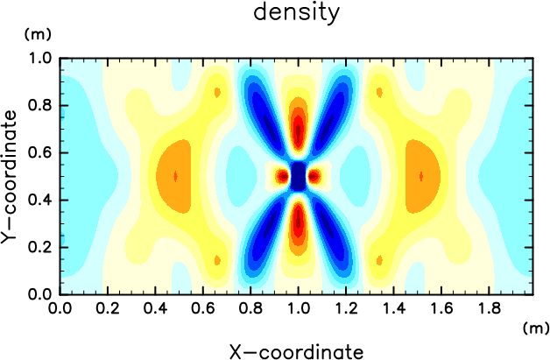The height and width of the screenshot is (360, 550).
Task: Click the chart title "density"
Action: point(296,13)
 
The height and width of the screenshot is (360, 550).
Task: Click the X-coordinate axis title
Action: point(296,351)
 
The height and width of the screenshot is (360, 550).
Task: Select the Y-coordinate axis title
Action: point(9,176)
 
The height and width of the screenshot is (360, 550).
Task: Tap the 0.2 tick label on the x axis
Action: point(108,309)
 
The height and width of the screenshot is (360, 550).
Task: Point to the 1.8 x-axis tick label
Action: point(489,309)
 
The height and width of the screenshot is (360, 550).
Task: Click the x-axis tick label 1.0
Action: point(298,309)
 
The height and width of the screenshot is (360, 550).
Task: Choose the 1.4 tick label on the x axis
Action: point(393,309)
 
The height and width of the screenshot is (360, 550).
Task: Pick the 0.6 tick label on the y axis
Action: point(40,153)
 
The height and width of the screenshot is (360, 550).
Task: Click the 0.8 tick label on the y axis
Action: point(40,105)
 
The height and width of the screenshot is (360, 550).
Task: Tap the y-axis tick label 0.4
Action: point(40,201)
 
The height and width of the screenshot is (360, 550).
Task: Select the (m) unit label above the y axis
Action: point(38,34)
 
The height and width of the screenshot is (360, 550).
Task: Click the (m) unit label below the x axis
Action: point(536,328)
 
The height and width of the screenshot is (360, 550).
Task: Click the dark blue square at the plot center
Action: point(298,176)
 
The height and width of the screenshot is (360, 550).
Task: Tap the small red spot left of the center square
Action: point(283,176)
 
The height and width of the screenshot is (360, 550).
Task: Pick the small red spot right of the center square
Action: point(314,176)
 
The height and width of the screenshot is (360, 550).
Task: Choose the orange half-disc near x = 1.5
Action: point(421,176)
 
